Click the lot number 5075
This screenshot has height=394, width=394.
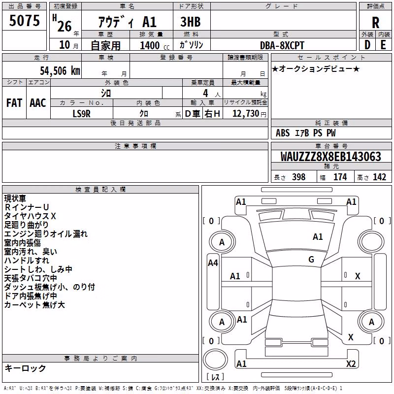coord(24,20)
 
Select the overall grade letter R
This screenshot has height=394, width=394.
coord(375,23)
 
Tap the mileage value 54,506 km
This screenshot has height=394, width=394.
coord(60,71)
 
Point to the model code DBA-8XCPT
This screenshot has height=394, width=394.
coord(282,45)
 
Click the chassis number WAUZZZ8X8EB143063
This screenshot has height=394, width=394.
coord(331,157)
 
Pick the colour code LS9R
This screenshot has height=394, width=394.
coord(81,114)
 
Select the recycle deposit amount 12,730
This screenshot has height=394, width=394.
coord(245,114)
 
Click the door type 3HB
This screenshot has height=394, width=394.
coord(191,22)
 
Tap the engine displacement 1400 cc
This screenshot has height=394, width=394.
coord(155,45)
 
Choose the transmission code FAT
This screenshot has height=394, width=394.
coord(14,103)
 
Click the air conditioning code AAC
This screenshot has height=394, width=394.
coord(38,103)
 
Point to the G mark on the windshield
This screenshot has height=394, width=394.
coord(311,260)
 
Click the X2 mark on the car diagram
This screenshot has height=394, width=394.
coord(351,363)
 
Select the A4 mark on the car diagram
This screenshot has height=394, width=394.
coord(213,263)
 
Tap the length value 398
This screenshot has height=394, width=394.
coord(299,177)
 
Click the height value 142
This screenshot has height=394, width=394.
coord(379,177)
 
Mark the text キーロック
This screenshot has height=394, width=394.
coord(26,368)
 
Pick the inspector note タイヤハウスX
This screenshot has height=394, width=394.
coord(30,216)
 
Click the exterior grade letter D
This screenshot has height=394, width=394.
coord(367,45)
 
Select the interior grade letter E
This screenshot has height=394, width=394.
coord(383,45)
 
